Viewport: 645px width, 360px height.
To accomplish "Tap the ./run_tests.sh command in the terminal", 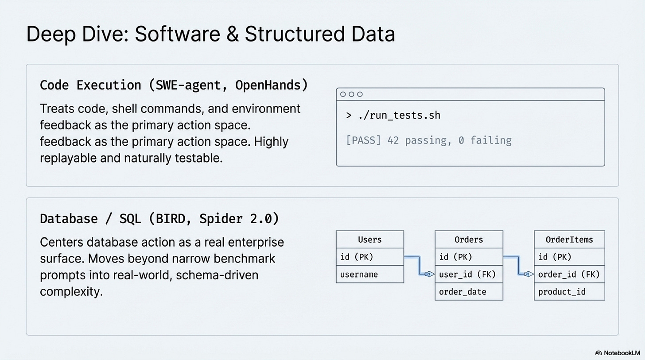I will point(399,116).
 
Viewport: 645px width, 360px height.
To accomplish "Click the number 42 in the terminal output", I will point(393,140).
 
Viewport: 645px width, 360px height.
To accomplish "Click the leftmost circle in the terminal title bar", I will point(343,94).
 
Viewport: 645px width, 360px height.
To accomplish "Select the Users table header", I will point(370,240).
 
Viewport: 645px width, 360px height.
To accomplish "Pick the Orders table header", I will point(469,240).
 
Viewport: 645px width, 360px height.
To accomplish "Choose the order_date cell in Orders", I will point(462,292).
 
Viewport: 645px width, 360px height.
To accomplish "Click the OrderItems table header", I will point(569,240).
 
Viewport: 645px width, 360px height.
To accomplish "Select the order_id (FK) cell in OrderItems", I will point(569,275).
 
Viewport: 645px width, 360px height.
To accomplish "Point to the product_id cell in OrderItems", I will point(562,292).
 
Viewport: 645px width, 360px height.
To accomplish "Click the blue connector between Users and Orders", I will point(419,265).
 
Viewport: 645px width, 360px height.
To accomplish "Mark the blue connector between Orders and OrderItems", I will point(518,265).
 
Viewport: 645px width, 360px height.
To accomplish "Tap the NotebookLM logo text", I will point(621,353).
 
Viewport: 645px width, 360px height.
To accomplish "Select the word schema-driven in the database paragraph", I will point(217,275).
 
